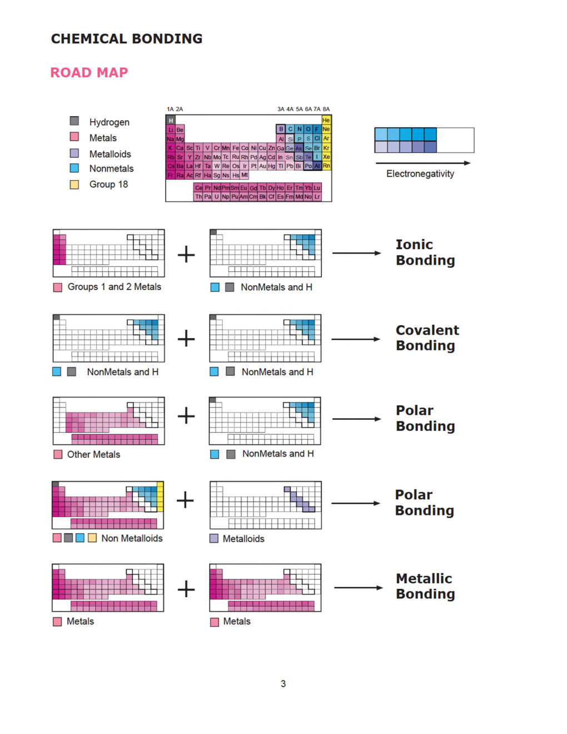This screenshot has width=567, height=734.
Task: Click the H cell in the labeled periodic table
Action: click(171, 120)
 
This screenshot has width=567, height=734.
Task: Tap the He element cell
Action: click(326, 120)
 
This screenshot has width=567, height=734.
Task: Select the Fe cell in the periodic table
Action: click(236, 148)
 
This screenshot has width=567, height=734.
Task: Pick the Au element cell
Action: click(262, 166)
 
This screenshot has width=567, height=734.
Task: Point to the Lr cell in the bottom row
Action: click(317, 196)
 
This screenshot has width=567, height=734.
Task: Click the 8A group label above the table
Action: click(326, 109)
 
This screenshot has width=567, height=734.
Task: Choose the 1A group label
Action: click(170, 109)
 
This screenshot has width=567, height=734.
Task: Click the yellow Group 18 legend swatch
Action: click(74, 185)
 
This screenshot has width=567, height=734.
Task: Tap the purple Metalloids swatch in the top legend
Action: click(74, 153)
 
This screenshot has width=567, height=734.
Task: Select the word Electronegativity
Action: click(420, 173)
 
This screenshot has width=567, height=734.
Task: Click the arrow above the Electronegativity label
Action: click(423, 163)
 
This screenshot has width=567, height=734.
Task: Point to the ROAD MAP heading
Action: click(89, 73)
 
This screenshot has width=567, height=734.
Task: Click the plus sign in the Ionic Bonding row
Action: click(186, 254)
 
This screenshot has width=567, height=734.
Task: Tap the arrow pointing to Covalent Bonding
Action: click(356, 339)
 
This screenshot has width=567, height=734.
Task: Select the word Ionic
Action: click(414, 245)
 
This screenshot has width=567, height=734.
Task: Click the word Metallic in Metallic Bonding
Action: click(424, 578)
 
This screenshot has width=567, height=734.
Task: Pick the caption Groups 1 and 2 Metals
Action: click(115, 287)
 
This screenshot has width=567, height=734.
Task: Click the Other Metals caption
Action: click(93, 454)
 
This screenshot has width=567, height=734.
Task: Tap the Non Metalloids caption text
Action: click(132, 538)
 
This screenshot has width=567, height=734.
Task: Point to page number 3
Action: click(283, 684)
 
